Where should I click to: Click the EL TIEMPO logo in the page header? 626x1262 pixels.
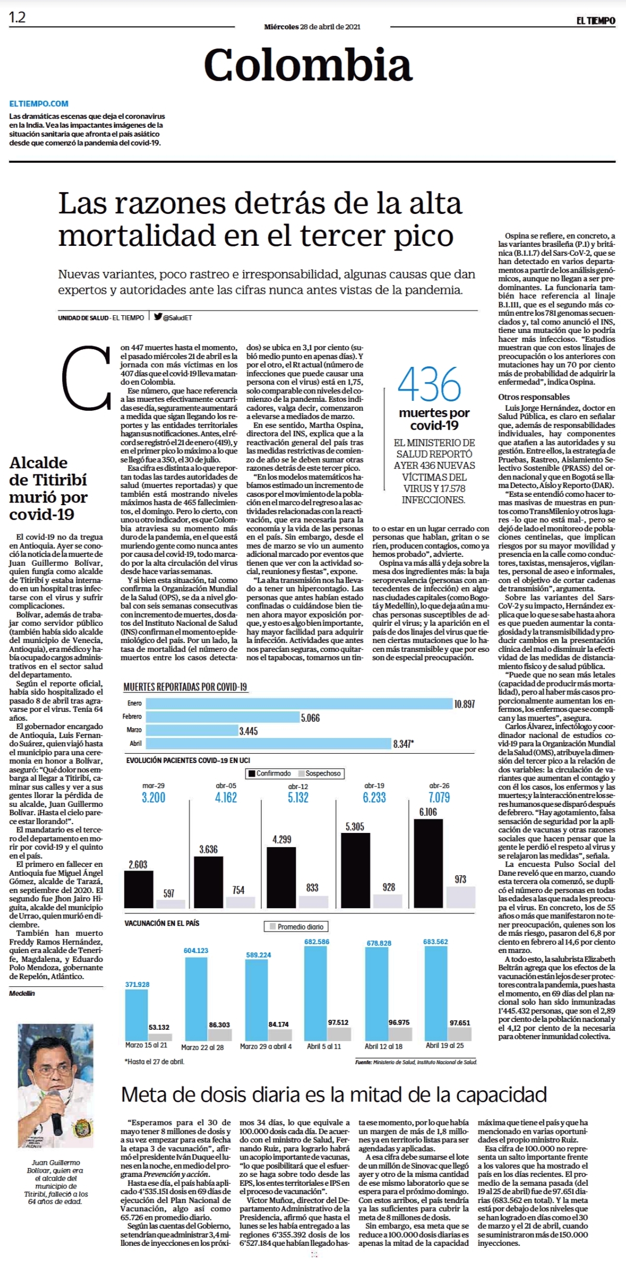point(596,21)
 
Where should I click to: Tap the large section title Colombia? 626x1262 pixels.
point(308,65)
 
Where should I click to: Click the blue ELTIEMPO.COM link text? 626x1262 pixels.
point(39,103)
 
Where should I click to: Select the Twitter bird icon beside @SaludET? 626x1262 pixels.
point(158,316)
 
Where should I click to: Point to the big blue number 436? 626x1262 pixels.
point(429,384)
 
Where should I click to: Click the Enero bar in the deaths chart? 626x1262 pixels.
point(288,703)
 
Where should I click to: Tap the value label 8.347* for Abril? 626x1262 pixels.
point(403,744)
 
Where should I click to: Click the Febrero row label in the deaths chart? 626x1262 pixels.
point(132,717)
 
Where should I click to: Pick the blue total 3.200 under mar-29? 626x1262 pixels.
point(153,797)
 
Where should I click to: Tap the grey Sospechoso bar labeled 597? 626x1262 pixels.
point(171,904)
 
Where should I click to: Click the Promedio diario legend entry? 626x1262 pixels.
point(296,927)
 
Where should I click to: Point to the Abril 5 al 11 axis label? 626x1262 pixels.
point(324,1046)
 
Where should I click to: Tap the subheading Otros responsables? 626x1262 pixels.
point(534,397)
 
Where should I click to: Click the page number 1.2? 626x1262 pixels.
point(17,17)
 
